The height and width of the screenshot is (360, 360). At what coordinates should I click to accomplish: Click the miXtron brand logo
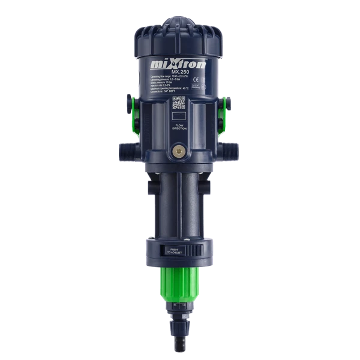(178, 62)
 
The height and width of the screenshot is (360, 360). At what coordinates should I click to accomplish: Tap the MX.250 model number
(178, 73)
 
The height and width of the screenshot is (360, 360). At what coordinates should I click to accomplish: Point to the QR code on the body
(179, 101)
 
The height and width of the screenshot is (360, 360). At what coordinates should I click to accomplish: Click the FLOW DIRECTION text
(179, 128)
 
